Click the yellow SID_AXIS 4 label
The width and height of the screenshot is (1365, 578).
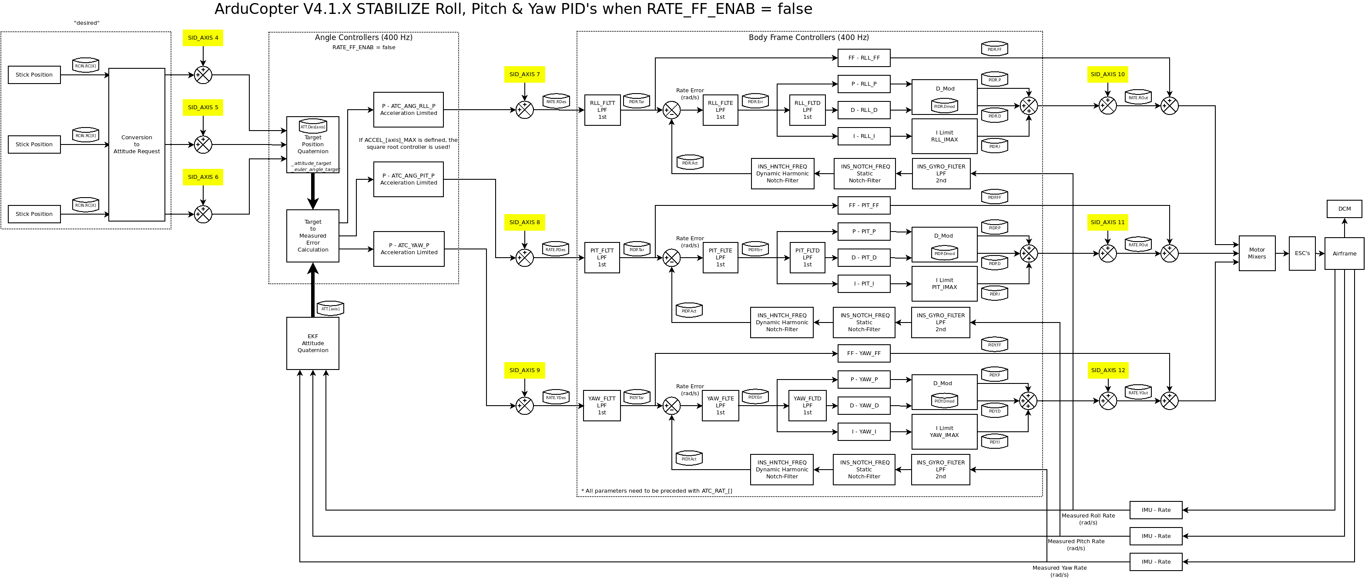203,37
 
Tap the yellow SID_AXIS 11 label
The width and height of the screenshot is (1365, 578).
1107,222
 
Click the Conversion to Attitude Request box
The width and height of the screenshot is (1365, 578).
137,144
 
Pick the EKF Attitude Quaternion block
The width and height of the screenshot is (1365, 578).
312,343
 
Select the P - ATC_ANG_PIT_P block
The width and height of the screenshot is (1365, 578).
408,179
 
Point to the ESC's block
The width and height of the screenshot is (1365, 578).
1302,253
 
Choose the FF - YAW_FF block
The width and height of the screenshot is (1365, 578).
863,353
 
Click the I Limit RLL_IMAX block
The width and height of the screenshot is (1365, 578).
944,136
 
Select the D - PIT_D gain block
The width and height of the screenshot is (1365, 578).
863,258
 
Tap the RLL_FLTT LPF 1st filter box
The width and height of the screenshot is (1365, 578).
602,110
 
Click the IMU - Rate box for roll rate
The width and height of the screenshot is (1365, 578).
1156,510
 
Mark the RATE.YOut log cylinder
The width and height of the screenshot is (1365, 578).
1138,393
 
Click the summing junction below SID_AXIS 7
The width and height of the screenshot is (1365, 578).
525,110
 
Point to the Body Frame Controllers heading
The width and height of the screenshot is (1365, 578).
808,37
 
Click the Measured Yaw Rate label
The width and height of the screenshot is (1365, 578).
1059,571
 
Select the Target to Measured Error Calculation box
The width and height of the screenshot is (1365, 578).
312,236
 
